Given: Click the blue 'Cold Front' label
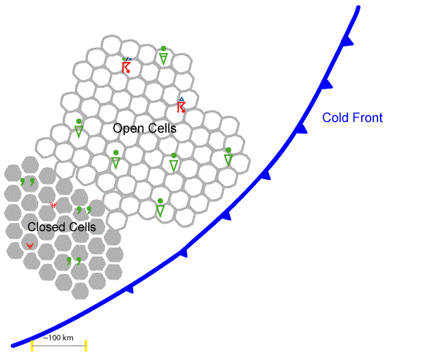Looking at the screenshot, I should click(x=352, y=118).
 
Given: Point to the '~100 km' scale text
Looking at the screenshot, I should click(x=58, y=338).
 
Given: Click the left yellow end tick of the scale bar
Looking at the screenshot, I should click(x=32, y=346).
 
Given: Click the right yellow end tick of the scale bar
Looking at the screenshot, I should click(x=86, y=346).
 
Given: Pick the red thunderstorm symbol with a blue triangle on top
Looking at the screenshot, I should click(x=182, y=105).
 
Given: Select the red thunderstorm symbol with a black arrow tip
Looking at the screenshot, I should click(x=126, y=65).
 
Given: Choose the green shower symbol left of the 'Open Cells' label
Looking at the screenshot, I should click(x=79, y=127).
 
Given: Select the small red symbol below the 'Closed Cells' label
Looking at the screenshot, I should click(x=29, y=246).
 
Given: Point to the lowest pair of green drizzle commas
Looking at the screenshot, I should click(x=74, y=260).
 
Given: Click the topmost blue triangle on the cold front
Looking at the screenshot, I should click(x=347, y=42).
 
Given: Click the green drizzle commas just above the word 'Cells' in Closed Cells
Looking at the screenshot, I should click(x=84, y=210).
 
